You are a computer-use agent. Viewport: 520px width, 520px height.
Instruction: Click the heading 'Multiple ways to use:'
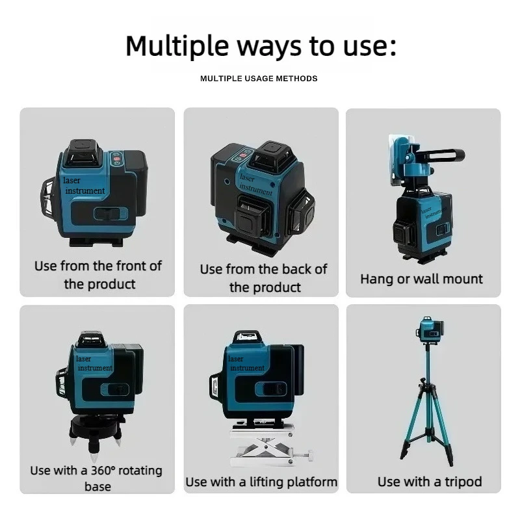pos(260,46)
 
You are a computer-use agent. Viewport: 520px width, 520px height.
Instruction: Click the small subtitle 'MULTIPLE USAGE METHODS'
pos(259,79)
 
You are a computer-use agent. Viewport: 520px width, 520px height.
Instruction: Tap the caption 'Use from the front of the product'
pos(98,275)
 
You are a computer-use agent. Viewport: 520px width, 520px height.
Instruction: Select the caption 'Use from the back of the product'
pos(263,278)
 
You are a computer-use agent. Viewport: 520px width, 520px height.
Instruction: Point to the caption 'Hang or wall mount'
pos(421,279)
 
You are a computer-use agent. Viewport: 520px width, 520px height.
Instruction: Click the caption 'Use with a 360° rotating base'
pos(96,478)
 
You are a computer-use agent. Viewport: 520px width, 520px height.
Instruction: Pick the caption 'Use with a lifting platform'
pos(261,482)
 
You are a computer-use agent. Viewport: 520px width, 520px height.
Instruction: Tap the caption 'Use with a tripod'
pos(430,482)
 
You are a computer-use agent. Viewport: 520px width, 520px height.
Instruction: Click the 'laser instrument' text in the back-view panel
pos(255,183)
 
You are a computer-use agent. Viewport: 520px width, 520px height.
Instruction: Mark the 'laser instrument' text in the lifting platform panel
pos(246,363)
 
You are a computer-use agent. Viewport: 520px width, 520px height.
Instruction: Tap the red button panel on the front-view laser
pos(118,159)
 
